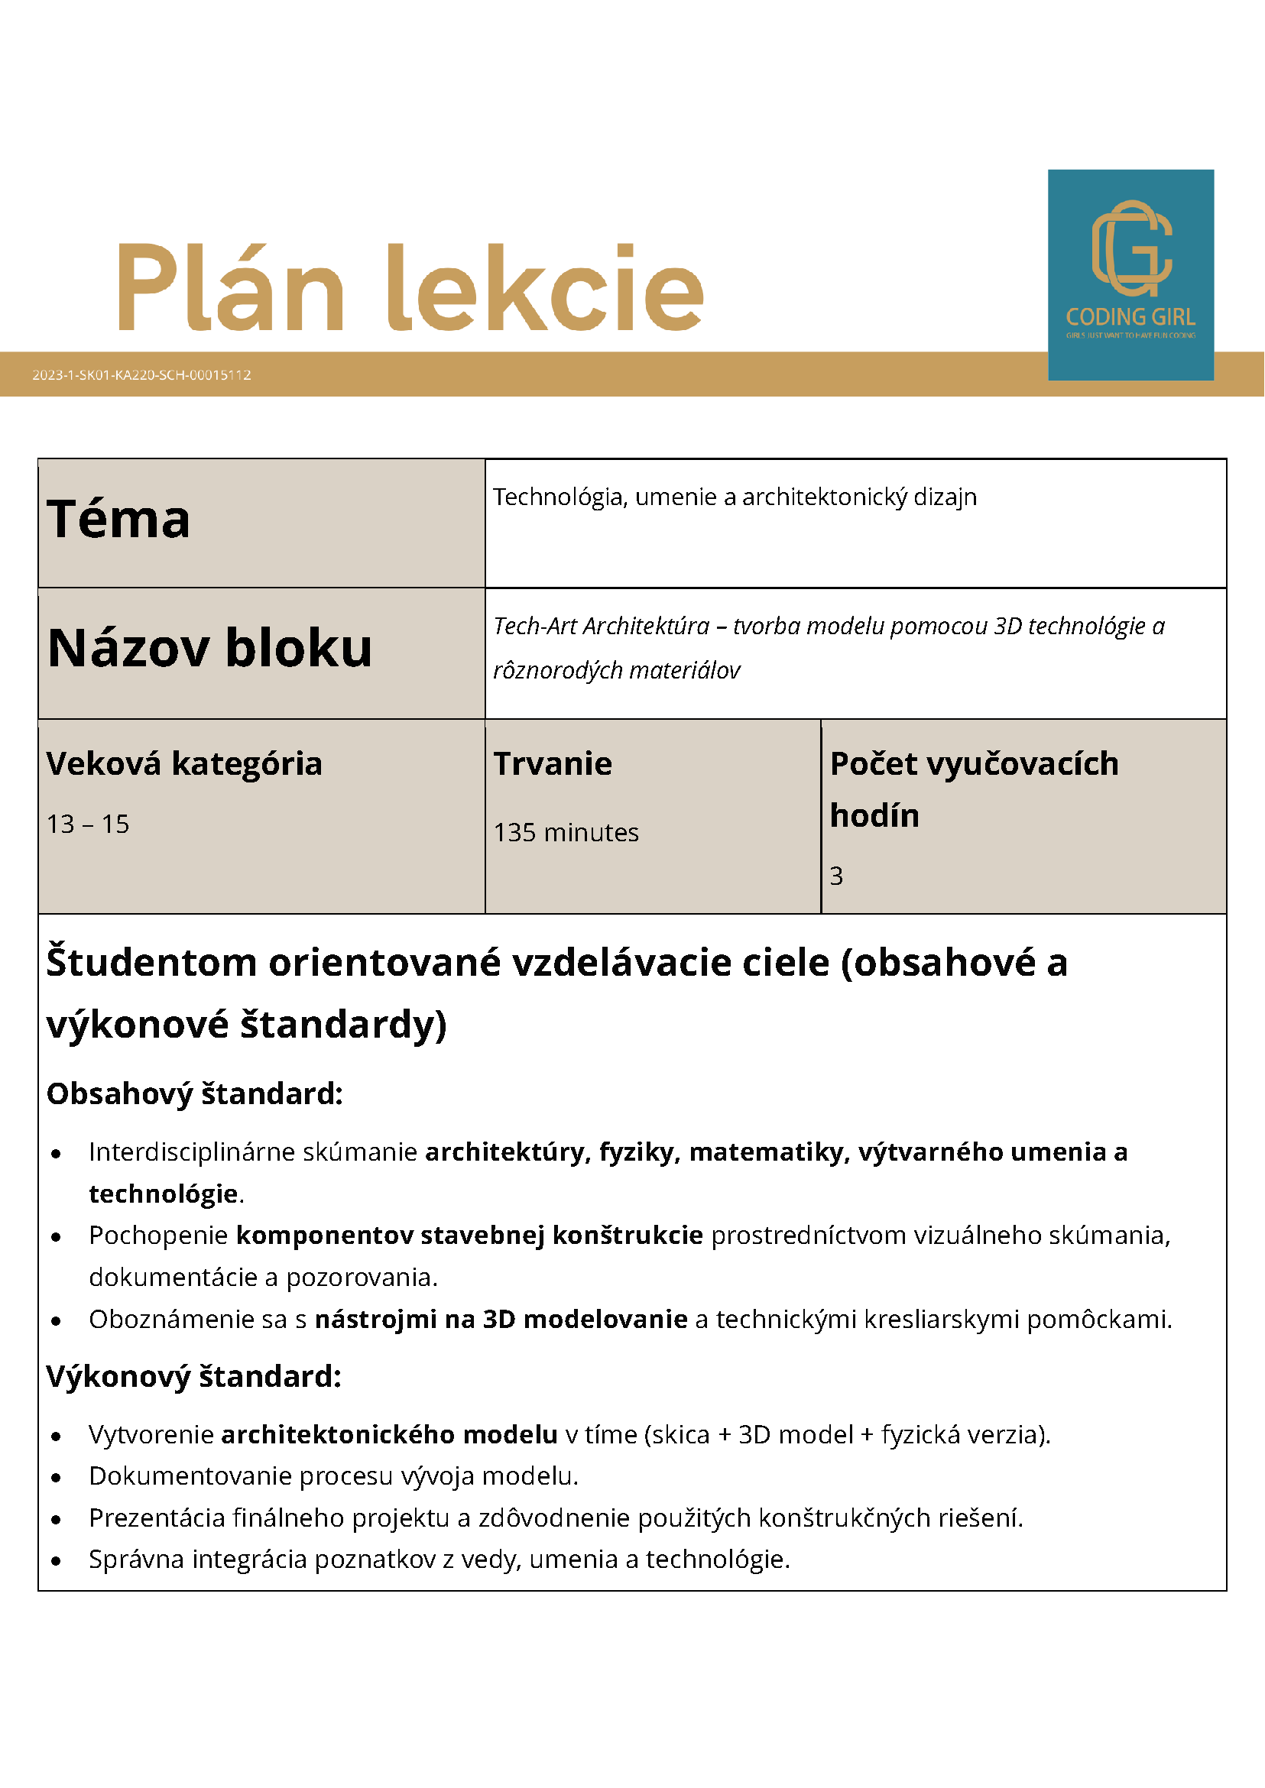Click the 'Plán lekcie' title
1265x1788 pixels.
click(410, 288)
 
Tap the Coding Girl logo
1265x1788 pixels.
click(1130, 274)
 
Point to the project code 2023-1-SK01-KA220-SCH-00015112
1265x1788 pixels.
click(141, 374)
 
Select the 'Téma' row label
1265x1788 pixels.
click(118, 520)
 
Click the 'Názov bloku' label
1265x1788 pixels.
click(209, 648)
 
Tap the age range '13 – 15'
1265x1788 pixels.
click(88, 824)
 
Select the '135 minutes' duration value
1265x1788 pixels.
click(566, 832)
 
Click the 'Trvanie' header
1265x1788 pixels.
click(553, 763)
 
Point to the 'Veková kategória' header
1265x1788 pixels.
click(184, 763)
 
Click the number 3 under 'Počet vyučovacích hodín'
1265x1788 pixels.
click(835, 876)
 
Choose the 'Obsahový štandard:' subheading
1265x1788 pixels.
click(195, 1093)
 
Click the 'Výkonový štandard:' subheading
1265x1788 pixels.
click(194, 1376)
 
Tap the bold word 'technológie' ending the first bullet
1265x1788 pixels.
click(163, 1193)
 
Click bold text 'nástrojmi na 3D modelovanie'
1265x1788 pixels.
click(501, 1319)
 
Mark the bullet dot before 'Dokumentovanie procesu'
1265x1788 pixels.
click(56, 1477)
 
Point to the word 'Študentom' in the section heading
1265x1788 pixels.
click(151, 963)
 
